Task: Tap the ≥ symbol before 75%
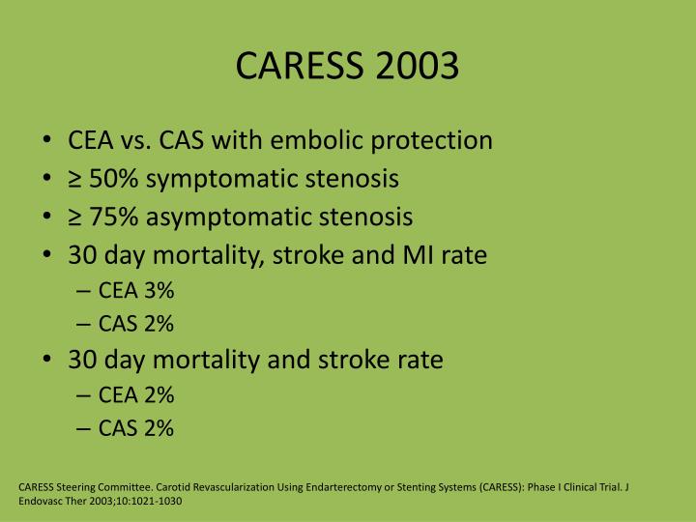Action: tap(76, 217)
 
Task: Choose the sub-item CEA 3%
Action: tap(136, 291)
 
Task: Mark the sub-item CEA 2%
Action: tap(136, 394)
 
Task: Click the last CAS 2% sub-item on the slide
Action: tap(136, 428)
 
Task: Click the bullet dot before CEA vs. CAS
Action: tap(49, 141)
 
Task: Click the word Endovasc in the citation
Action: tap(42, 502)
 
